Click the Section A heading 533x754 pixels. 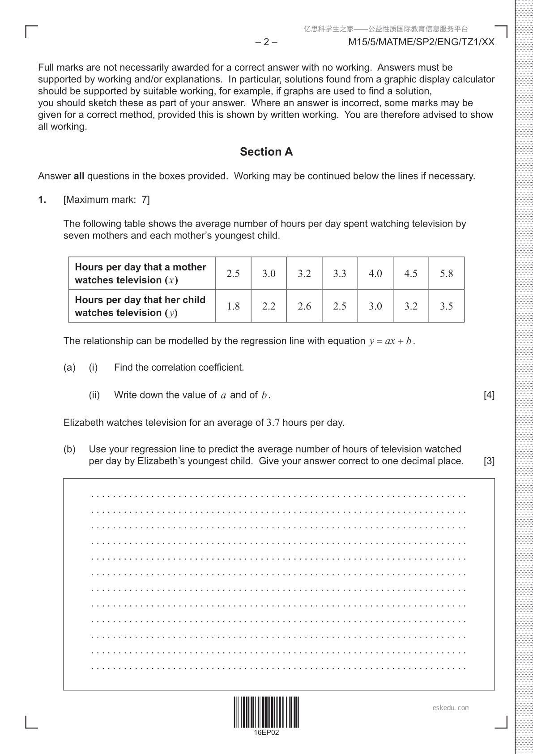click(x=266, y=152)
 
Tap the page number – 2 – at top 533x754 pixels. click(x=266, y=42)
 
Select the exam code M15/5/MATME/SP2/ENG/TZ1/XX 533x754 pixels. click(x=421, y=42)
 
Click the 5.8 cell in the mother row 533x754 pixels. click(x=446, y=274)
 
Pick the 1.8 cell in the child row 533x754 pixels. click(x=233, y=306)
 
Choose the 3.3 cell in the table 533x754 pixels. click(x=340, y=274)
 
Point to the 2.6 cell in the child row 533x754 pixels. click(x=304, y=306)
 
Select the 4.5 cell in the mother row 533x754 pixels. click(x=411, y=274)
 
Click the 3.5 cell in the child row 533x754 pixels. click(x=446, y=306)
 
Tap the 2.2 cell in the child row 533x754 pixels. click(x=269, y=306)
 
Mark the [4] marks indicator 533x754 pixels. click(x=489, y=395)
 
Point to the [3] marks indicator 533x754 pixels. click(x=489, y=461)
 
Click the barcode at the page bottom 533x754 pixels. click(x=266, y=712)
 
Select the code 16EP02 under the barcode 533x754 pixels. click(x=266, y=733)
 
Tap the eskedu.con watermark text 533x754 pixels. click(x=451, y=708)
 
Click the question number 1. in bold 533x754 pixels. click(x=42, y=200)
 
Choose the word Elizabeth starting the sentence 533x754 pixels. click(x=83, y=423)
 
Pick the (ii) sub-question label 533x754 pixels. click(x=94, y=395)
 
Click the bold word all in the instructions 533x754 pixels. click(x=79, y=176)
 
